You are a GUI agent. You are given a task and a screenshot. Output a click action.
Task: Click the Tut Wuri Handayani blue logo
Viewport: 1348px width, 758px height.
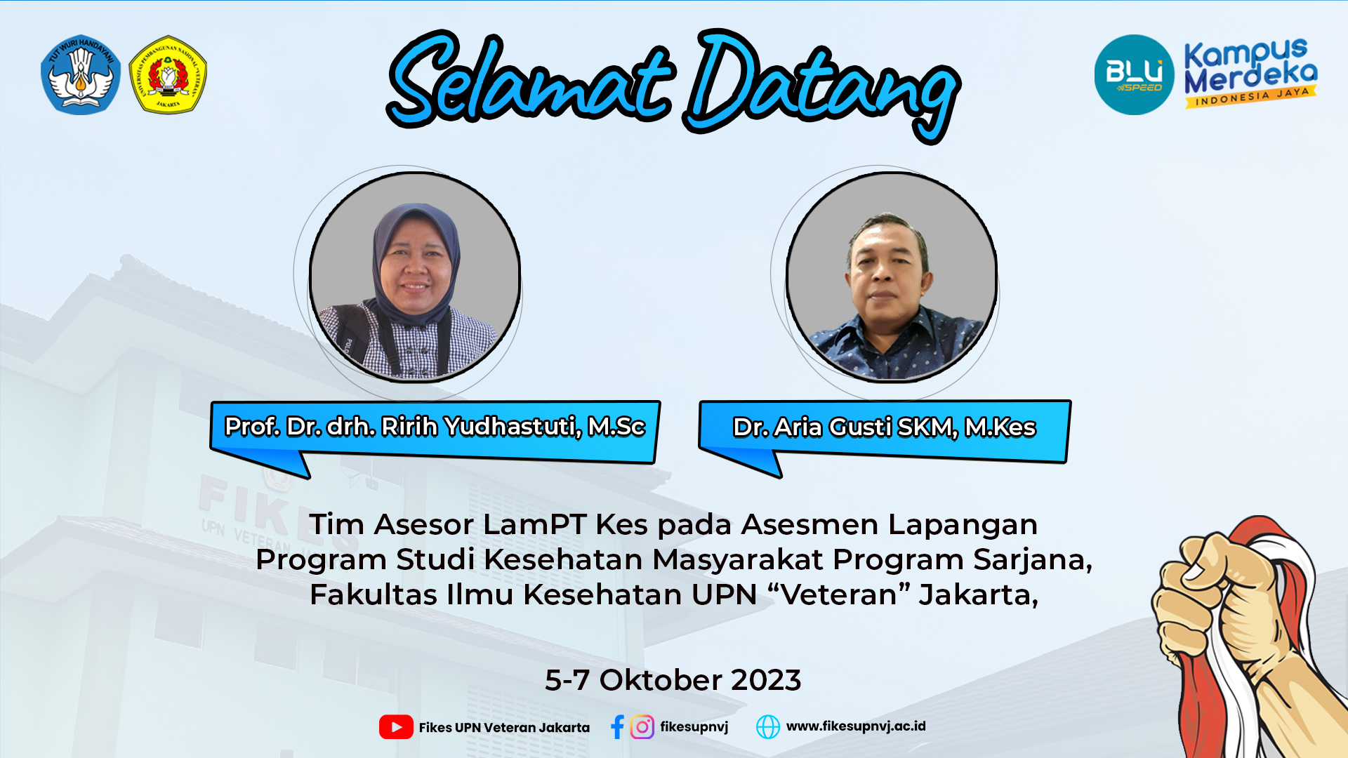pyautogui.click(x=81, y=74)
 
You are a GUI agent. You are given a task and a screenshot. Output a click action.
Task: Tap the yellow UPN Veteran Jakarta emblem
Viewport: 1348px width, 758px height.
pyautogui.click(x=168, y=74)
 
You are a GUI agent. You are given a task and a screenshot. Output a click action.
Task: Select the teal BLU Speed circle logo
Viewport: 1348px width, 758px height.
pyautogui.click(x=1134, y=74)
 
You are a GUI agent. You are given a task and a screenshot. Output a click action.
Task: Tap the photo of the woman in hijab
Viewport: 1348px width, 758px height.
pyautogui.click(x=415, y=277)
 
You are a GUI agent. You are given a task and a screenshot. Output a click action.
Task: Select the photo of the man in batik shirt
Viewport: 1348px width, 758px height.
pyautogui.click(x=892, y=277)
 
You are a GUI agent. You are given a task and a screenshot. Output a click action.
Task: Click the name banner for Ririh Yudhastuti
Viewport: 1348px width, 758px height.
pyautogui.click(x=435, y=427)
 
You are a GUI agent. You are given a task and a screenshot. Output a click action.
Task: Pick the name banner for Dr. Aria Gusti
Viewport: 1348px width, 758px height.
pyautogui.click(x=884, y=428)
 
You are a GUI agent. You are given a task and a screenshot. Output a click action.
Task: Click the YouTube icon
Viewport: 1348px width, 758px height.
pyautogui.click(x=396, y=727)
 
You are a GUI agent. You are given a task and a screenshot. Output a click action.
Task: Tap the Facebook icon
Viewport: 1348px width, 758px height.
pyautogui.click(x=617, y=727)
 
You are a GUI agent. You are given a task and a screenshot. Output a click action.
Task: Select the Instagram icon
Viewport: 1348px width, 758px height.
pyautogui.click(x=642, y=727)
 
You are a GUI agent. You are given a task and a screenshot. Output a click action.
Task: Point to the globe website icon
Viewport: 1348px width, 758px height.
pyautogui.click(x=767, y=727)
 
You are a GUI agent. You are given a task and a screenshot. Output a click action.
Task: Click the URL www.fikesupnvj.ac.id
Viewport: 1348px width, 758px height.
pyautogui.click(x=856, y=726)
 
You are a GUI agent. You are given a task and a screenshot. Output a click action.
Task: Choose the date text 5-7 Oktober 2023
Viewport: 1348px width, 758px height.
pyautogui.click(x=673, y=680)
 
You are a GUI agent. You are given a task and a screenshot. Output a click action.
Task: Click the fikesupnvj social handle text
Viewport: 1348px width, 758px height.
pyautogui.click(x=694, y=727)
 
